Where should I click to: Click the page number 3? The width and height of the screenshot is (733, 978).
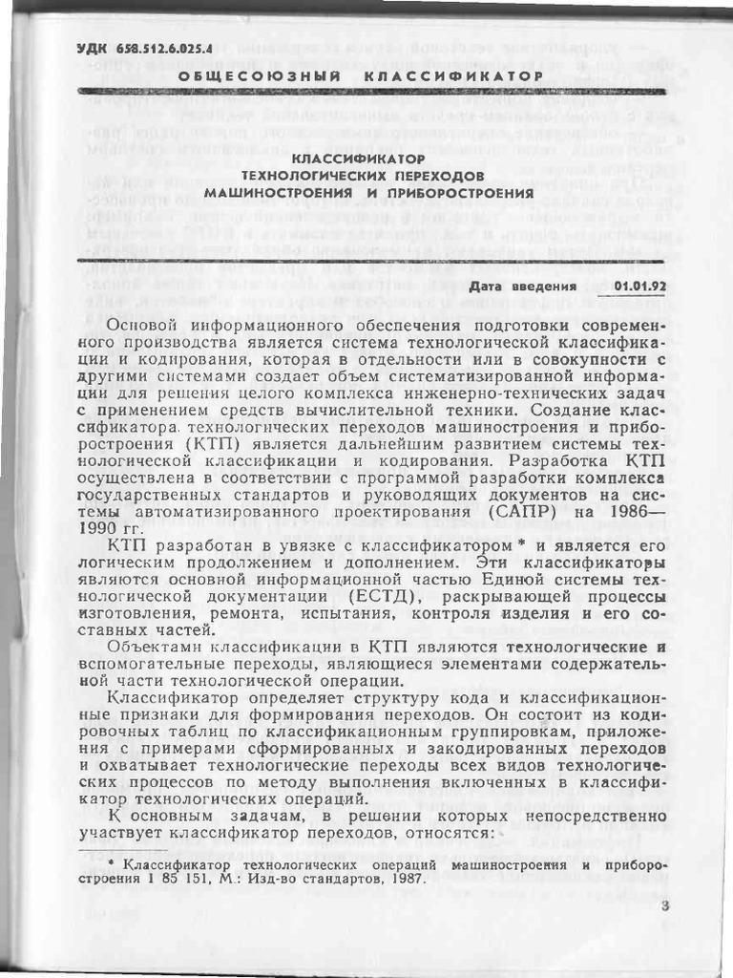click(665, 907)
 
